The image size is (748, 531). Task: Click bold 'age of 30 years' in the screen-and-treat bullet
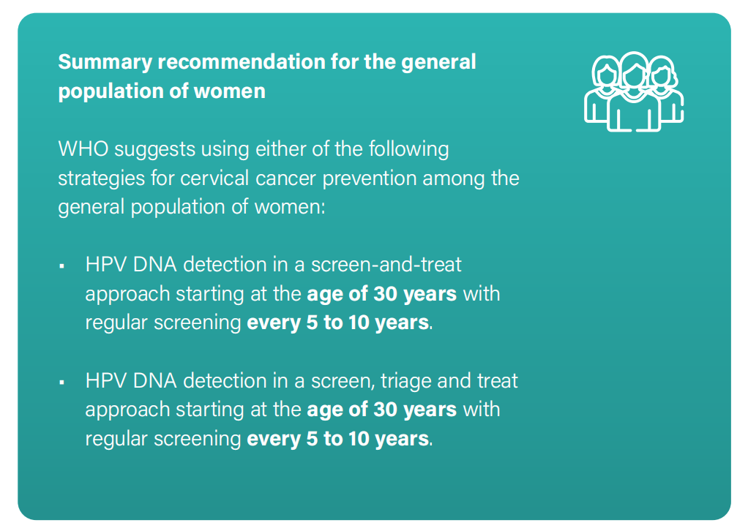tap(381, 293)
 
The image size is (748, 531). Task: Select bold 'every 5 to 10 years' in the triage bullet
tap(337, 439)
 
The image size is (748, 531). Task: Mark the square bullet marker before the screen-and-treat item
tap(62, 265)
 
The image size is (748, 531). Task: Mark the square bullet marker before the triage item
tap(62, 383)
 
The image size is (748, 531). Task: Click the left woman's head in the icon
tap(606, 75)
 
